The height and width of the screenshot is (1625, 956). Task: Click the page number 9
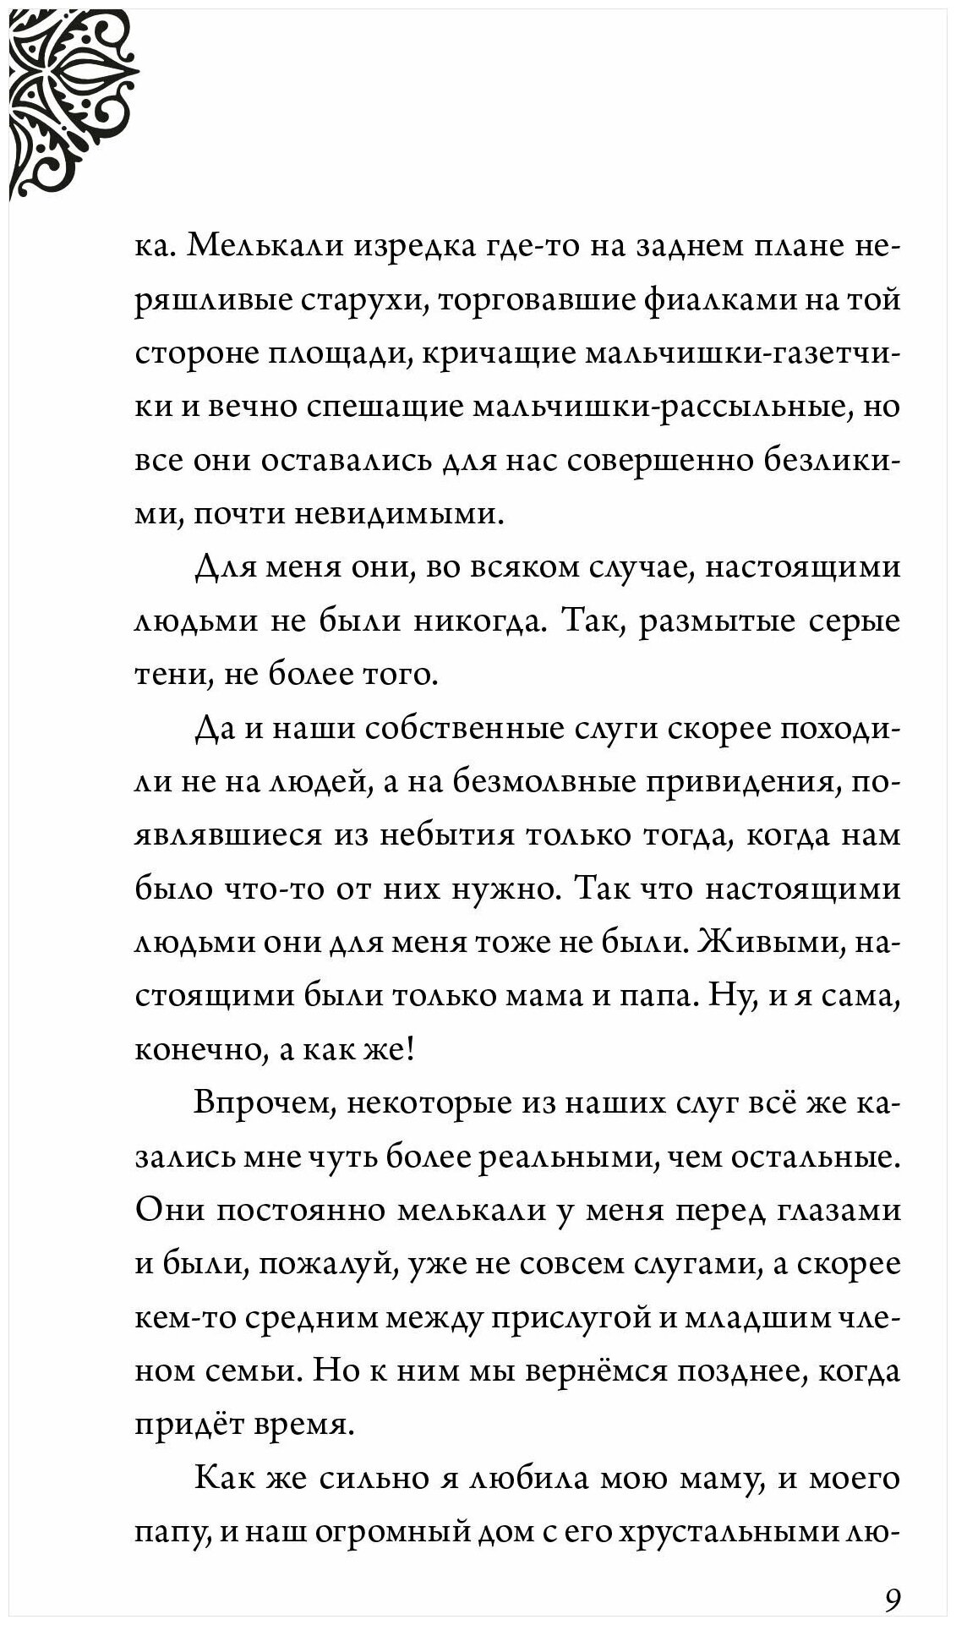(891, 1576)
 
